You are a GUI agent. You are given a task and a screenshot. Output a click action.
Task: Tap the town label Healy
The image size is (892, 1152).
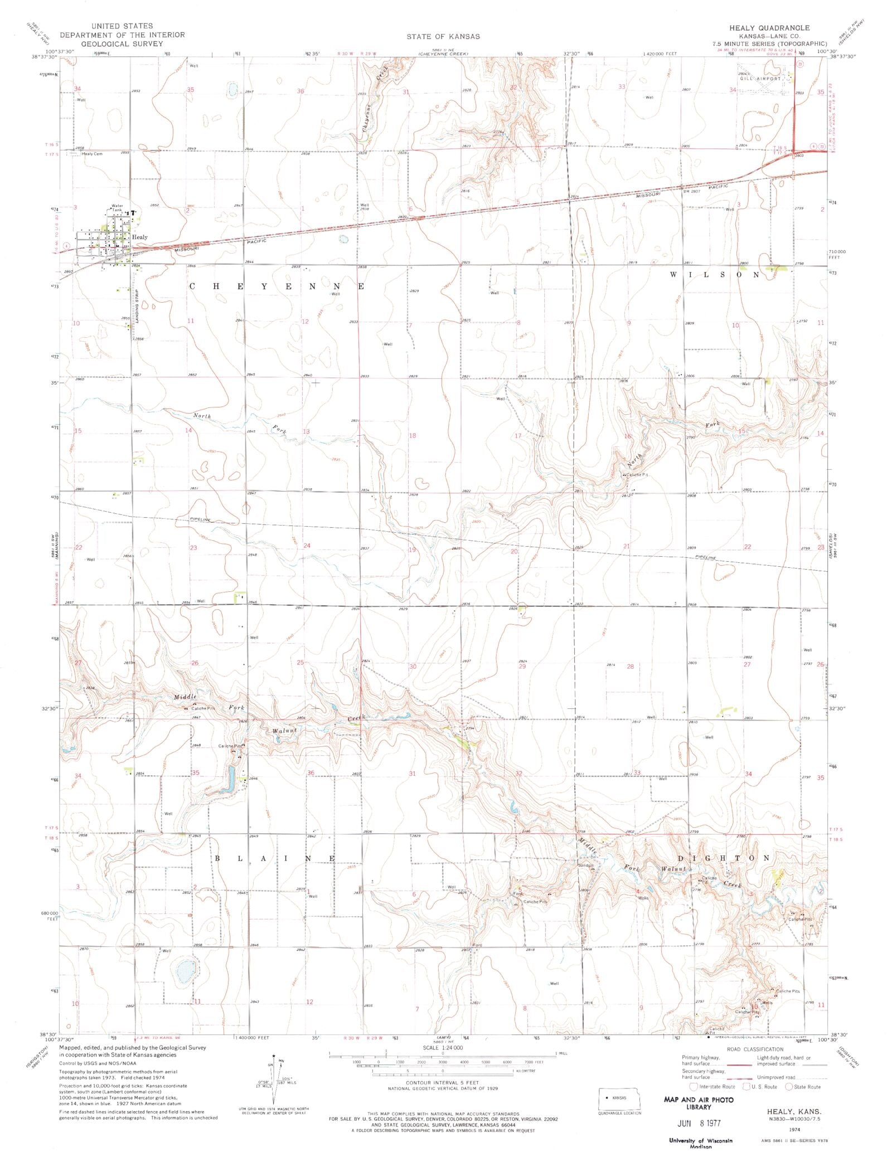(140, 237)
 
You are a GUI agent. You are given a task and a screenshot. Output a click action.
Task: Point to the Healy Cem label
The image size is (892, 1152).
(93, 154)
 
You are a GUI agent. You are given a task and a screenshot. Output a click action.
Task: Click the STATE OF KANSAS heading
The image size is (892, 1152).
(443, 36)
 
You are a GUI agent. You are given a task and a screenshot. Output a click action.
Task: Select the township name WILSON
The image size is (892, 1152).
(714, 275)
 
